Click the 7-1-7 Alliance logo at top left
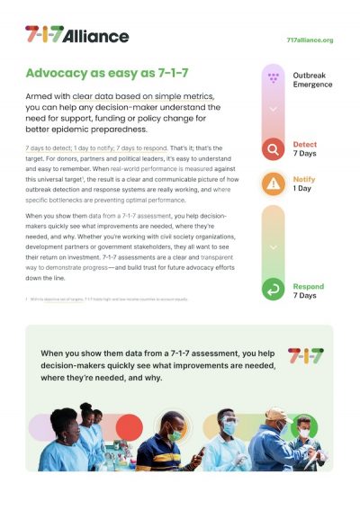(76, 35)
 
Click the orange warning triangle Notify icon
(274, 183)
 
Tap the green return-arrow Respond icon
(274, 289)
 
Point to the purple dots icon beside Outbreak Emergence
(274, 79)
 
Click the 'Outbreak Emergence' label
(312, 79)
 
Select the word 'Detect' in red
(305, 144)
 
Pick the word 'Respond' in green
(309, 287)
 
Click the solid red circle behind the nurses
(128, 428)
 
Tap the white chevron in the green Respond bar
(274, 245)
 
